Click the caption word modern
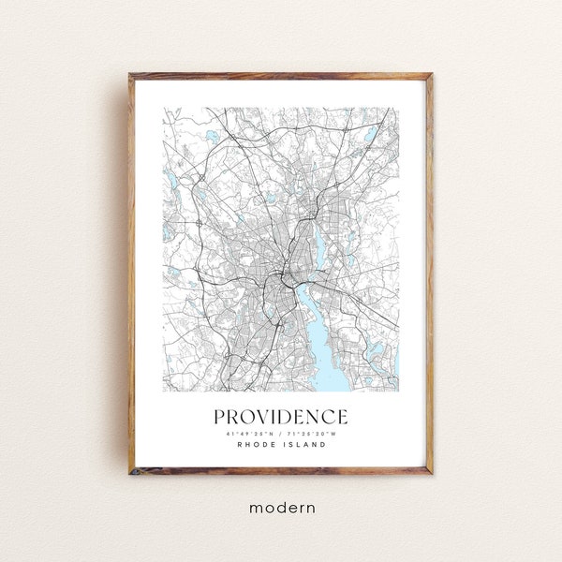(x=281, y=507)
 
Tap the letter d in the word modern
(x=278, y=507)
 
